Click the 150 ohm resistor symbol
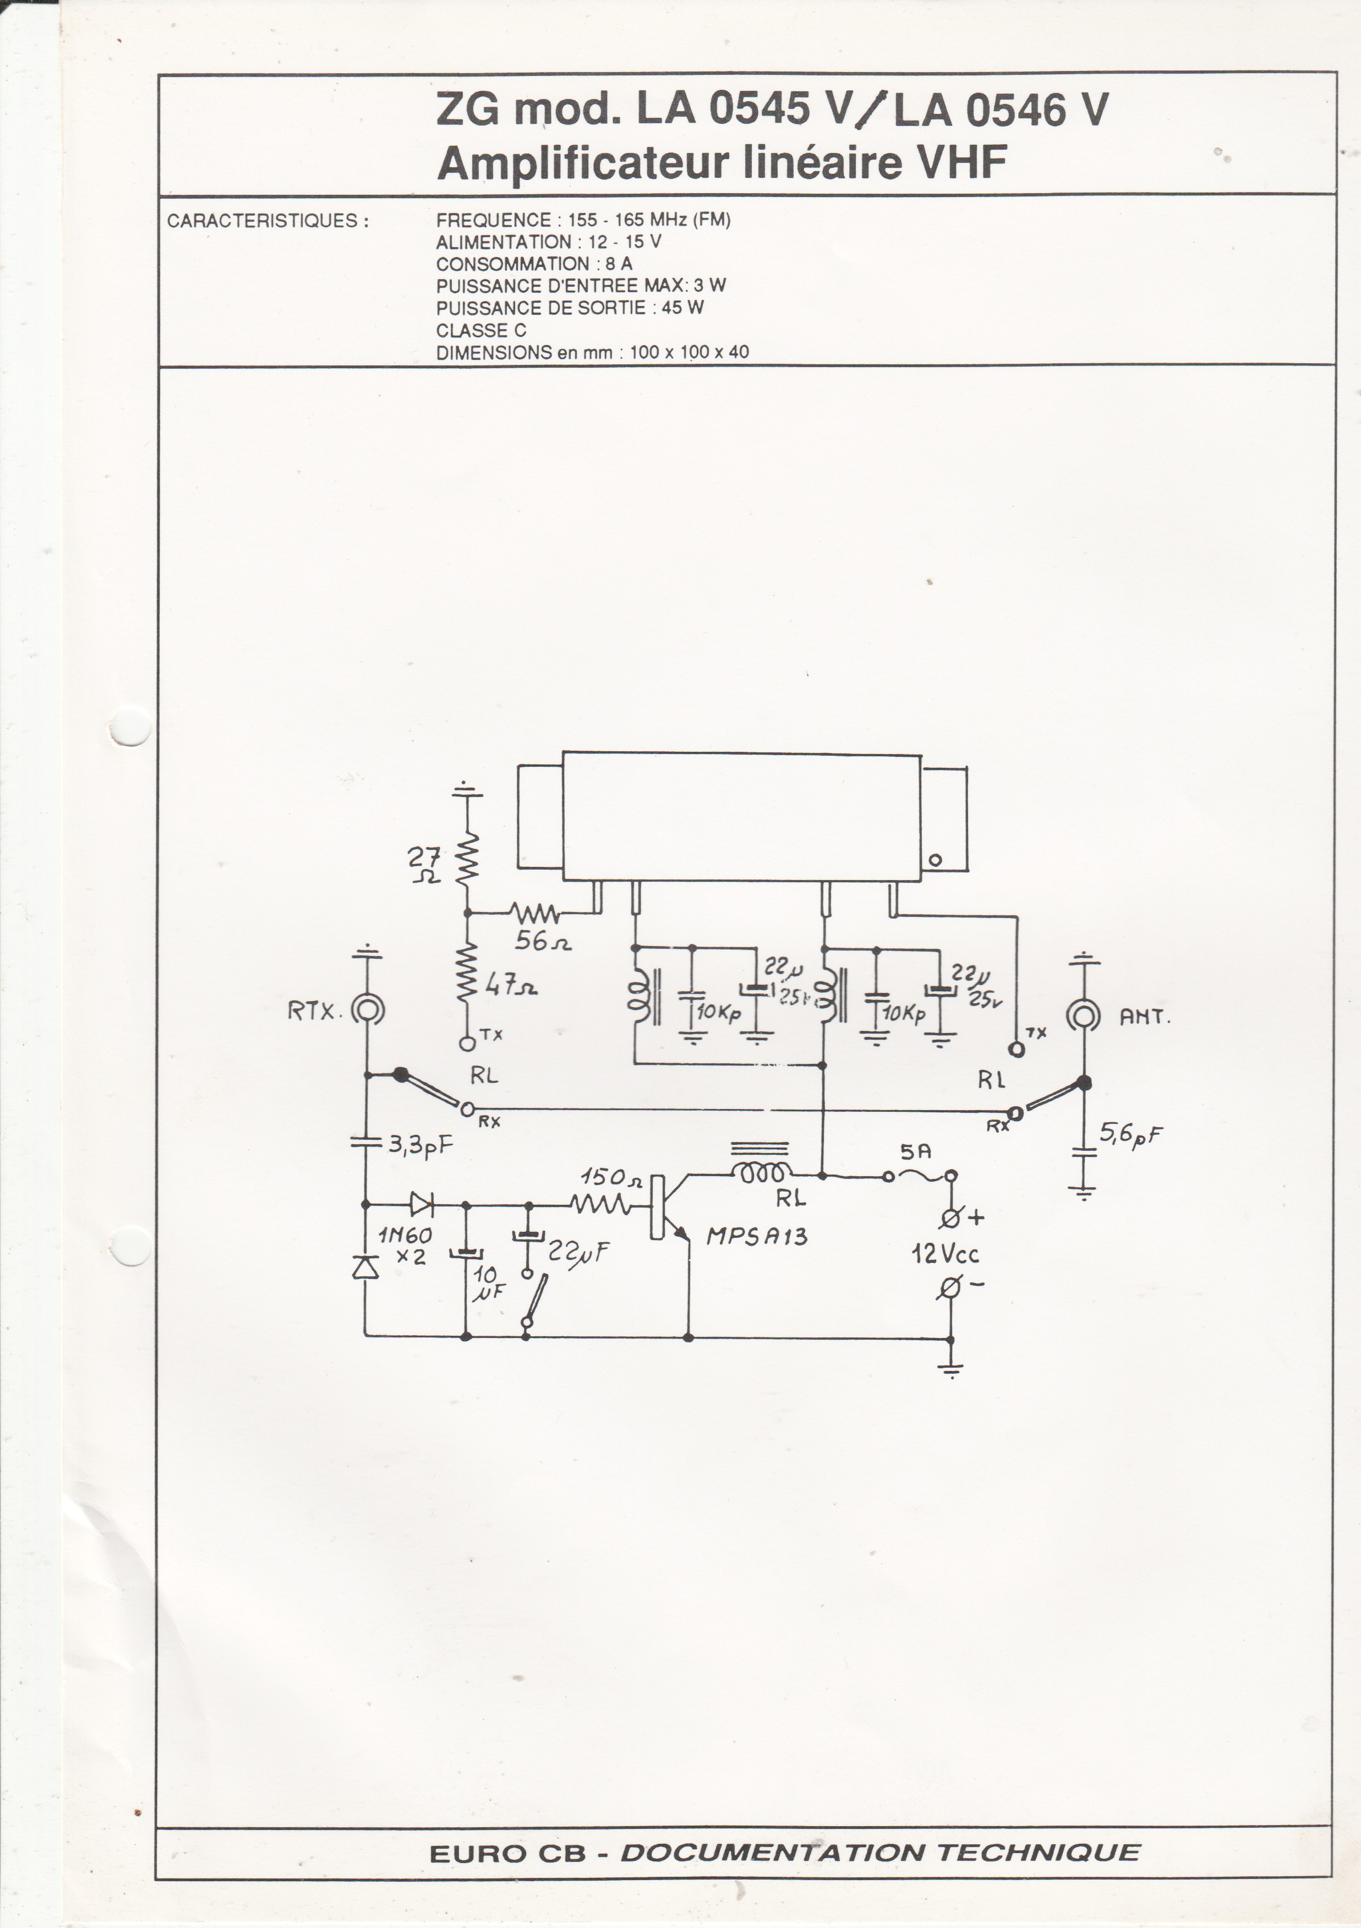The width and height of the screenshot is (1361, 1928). click(x=600, y=1206)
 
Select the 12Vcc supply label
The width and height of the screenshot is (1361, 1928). click(x=945, y=1254)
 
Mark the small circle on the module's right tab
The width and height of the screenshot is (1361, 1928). click(x=936, y=861)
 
